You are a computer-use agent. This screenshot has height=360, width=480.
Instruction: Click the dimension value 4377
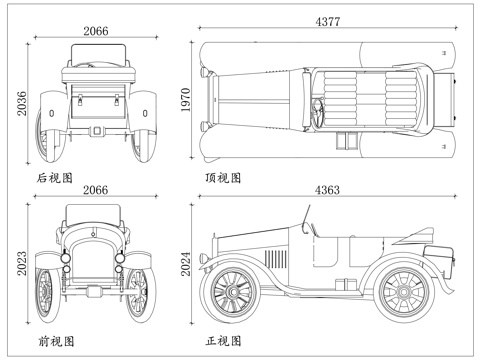pos(328,21)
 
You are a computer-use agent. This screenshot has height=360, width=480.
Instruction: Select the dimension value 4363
pos(327,190)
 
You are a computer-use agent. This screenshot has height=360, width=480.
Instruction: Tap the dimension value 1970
pos(185,100)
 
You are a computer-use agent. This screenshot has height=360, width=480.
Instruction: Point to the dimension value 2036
pos(22,103)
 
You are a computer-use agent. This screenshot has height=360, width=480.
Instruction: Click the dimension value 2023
pos(22,263)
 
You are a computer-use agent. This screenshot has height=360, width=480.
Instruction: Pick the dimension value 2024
pos(186,264)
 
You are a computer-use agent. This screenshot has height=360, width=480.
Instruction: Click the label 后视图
pos(55,178)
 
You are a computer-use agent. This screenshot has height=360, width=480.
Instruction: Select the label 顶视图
pos(223,178)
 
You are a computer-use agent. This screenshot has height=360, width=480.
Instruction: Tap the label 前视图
pos(56,341)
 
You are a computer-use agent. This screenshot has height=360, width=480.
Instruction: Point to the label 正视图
pos(223,341)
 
